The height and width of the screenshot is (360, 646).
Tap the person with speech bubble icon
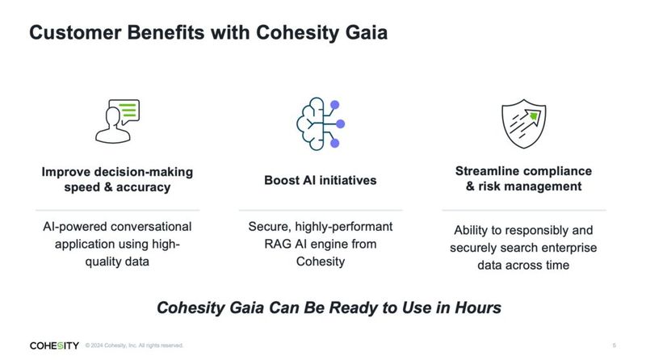point(117,121)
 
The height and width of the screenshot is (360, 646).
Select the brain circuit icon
point(321,123)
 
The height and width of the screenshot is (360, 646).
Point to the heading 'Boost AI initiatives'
point(321,179)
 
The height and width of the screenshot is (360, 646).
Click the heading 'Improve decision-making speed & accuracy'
point(117,179)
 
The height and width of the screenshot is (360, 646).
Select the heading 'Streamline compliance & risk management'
point(523,178)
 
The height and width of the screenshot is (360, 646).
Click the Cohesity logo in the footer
point(54,345)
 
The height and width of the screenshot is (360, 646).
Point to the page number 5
point(615,345)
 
